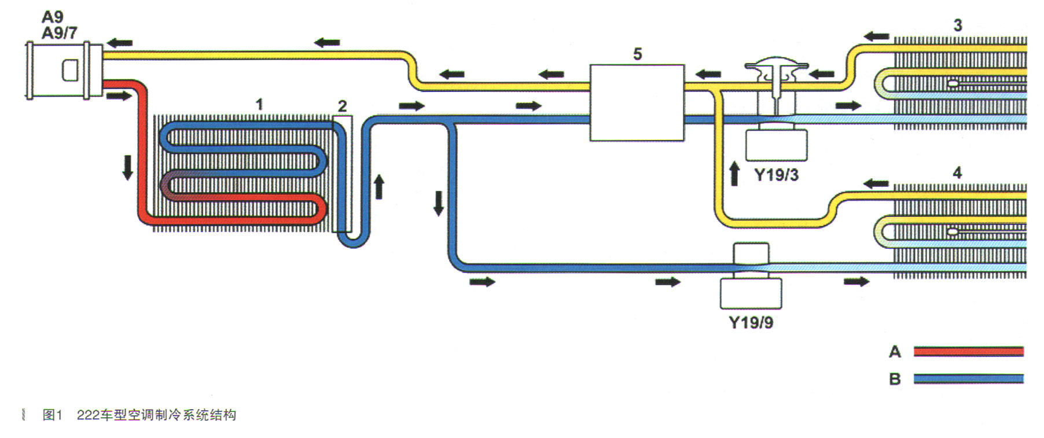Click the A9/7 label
tap(59, 33)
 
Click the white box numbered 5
tap(637, 102)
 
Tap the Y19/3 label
tap(776, 175)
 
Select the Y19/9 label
tap(751, 322)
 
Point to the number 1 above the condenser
tap(259, 104)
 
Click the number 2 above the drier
tap(342, 106)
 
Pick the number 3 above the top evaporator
tap(958, 25)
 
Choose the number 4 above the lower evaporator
tap(957, 172)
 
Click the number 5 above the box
tap(637, 54)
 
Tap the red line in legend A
tap(968, 351)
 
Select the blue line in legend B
tap(968, 379)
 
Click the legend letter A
tap(895, 351)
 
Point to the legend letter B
tap(895, 379)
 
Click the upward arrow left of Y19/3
tap(734, 174)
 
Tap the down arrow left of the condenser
tap(127, 167)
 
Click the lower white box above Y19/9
tap(751, 293)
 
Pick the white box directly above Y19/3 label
tap(776, 145)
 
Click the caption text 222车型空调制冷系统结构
tap(156, 415)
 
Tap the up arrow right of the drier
tap(379, 187)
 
